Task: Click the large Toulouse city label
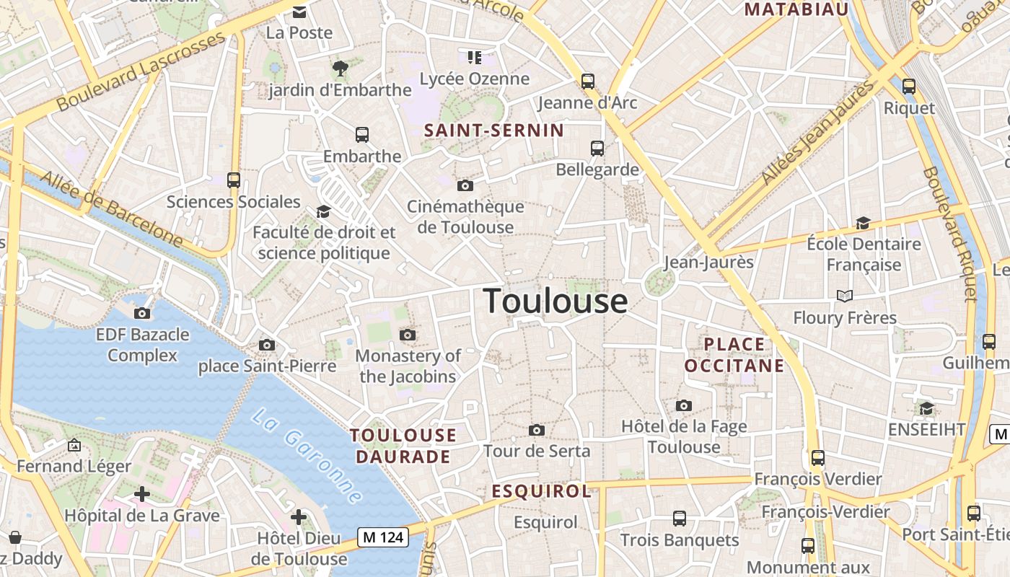pyautogui.click(x=555, y=300)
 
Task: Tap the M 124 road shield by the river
pyautogui.click(x=383, y=537)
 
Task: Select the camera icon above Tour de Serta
pyautogui.click(x=536, y=431)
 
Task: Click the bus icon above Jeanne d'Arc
pyautogui.click(x=588, y=82)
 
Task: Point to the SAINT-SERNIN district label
pyautogui.click(x=494, y=131)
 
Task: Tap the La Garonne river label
pyautogui.click(x=307, y=456)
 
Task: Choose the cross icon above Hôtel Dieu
pyautogui.click(x=299, y=517)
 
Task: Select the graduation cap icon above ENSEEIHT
pyautogui.click(x=926, y=409)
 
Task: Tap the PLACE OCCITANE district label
pyautogui.click(x=734, y=355)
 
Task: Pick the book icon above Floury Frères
pyautogui.click(x=844, y=296)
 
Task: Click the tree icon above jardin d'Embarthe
pyautogui.click(x=340, y=69)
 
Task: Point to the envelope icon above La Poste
pyautogui.click(x=299, y=12)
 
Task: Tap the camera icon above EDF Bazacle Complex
pyautogui.click(x=142, y=313)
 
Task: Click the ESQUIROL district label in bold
pyautogui.click(x=542, y=492)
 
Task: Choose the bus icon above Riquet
pyautogui.click(x=909, y=87)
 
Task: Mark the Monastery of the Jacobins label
pyautogui.click(x=408, y=366)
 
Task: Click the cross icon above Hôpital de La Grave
pyautogui.click(x=142, y=494)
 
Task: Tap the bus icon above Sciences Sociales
pyautogui.click(x=233, y=180)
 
